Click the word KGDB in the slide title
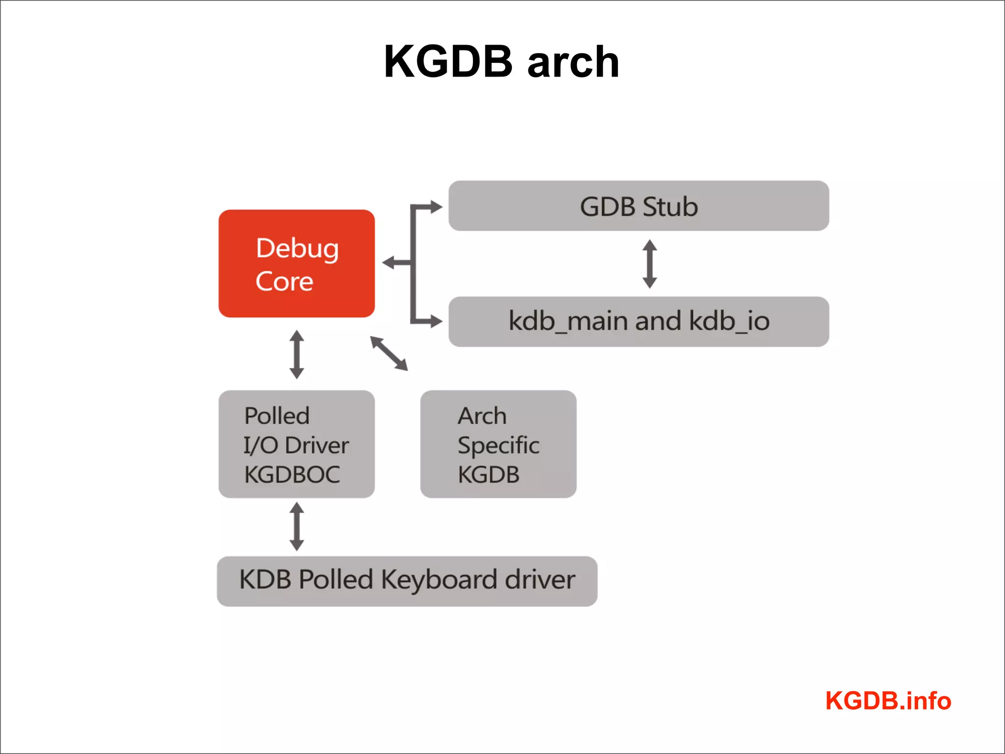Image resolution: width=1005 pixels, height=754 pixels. [x=448, y=62]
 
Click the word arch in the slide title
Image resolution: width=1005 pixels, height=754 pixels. [x=573, y=63]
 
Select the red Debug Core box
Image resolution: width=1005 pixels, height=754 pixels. [x=296, y=264]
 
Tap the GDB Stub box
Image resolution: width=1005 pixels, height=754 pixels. [x=638, y=206]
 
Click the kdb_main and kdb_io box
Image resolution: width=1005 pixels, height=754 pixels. [x=638, y=322]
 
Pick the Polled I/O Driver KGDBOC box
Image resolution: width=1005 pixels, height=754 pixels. [x=296, y=444]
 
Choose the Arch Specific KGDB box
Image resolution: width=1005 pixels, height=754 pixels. [x=498, y=444]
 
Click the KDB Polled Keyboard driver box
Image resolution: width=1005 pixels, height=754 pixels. [x=407, y=581]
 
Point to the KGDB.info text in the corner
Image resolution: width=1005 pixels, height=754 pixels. [x=888, y=700]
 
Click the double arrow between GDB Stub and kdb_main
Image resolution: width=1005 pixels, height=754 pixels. [x=650, y=264]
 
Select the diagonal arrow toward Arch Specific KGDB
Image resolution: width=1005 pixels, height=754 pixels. [x=389, y=353]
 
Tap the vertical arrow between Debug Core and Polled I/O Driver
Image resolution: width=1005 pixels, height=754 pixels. [x=296, y=354]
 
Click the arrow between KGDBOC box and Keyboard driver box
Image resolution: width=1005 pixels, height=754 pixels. [x=296, y=526]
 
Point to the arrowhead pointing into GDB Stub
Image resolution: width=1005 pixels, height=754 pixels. [x=436, y=207]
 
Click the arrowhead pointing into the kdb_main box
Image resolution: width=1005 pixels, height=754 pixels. [x=436, y=321]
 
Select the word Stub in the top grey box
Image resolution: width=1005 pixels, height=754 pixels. [x=670, y=207]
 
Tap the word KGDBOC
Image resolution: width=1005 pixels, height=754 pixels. [x=292, y=475]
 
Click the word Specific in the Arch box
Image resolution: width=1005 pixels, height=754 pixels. [x=498, y=445]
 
